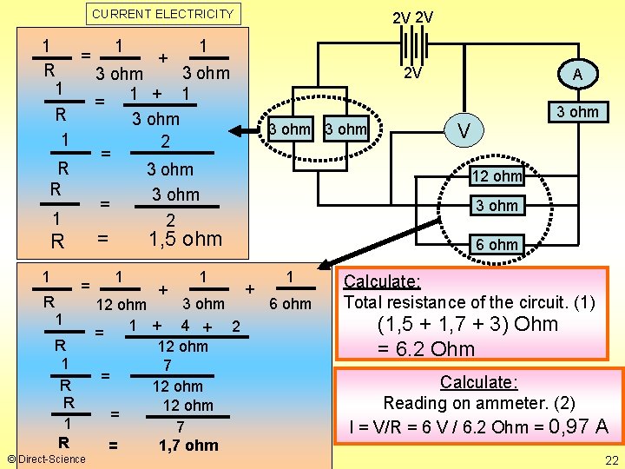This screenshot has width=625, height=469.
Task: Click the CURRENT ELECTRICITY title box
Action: point(162,14)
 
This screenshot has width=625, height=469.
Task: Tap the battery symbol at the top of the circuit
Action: point(414,44)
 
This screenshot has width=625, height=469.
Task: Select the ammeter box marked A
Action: point(577,76)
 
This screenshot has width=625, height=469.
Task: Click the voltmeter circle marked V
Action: point(465,130)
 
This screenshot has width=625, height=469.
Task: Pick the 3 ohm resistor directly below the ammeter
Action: point(577,111)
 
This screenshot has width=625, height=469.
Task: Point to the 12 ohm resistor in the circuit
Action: point(496,176)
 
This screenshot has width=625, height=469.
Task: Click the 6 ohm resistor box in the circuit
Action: point(496,244)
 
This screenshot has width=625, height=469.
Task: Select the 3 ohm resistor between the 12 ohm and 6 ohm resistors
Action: point(496,206)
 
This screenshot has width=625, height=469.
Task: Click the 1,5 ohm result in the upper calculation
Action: point(185,239)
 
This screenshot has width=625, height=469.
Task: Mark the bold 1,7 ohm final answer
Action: point(188,446)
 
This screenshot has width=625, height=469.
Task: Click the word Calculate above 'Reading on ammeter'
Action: point(478,382)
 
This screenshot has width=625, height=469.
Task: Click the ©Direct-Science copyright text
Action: point(45,459)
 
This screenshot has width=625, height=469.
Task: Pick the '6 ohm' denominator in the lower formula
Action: point(290,303)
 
